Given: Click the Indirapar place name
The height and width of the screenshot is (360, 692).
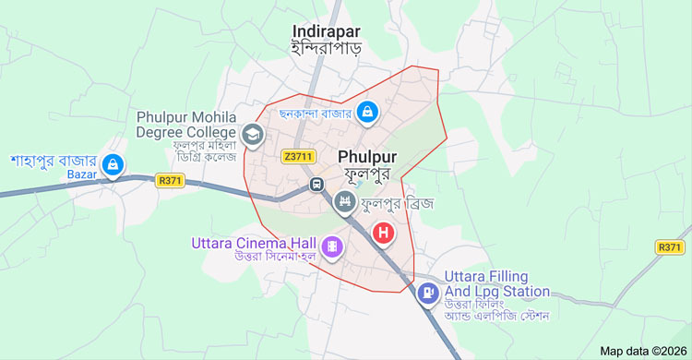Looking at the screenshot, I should point(325,30).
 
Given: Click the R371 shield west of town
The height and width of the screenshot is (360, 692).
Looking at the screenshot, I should point(171,181).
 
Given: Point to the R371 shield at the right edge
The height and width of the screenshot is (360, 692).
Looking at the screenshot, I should point(671,247).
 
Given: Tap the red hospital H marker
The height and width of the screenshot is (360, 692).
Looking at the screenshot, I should point(383,233).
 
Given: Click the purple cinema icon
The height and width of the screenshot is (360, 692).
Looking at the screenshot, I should point(332,246).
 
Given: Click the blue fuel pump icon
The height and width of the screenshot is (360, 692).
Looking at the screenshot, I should point(428,294).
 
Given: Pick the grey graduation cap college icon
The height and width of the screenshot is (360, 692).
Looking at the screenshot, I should point(252,136).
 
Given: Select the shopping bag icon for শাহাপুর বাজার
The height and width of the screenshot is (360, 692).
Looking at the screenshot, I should point(113,165).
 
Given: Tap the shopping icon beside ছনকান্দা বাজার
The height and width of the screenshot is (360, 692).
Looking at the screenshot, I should point(367,112).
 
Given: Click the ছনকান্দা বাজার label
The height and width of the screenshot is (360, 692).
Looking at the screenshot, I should point(309,114).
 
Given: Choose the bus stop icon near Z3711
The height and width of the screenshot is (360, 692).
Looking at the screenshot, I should point(316,183).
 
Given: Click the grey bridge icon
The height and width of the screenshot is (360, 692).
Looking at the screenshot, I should point(345,201).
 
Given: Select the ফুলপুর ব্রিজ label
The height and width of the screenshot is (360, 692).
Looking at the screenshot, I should point(397,202).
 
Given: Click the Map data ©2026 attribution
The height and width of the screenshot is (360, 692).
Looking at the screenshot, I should point(643,351).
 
